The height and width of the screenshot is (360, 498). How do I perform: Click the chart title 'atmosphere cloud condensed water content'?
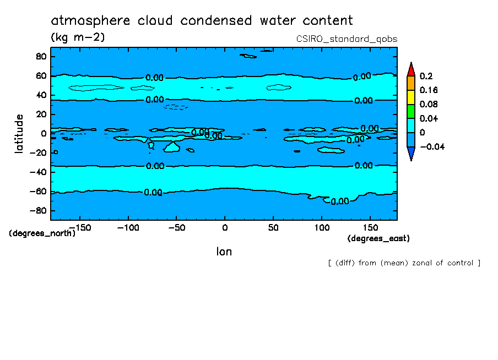click(x=202, y=21)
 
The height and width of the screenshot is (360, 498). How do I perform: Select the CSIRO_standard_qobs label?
click(x=347, y=39)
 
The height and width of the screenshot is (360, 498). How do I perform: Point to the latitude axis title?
click(x=19, y=134)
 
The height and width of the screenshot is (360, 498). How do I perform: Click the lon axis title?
click(x=224, y=252)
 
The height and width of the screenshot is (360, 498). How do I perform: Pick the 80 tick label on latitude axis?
click(x=40, y=56)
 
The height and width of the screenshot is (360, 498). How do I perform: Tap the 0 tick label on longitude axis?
click(x=224, y=227)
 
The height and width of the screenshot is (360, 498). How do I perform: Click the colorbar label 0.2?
click(x=426, y=75)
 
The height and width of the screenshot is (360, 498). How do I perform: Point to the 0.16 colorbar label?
click(x=429, y=90)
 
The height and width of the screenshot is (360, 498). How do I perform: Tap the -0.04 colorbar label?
click(x=431, y=146)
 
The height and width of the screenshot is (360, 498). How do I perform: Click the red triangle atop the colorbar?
click(x=410, y=69)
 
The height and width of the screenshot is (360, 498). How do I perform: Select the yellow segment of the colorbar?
click(x=410, y=97)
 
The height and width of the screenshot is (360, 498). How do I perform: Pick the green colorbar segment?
click(x=410, y=111)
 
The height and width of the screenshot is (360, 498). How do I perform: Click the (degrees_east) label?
click(x=378, y=238)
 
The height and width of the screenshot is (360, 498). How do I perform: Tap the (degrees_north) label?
click(x=42, y=233)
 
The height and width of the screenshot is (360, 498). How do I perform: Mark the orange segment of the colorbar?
click(x=410, y=83)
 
